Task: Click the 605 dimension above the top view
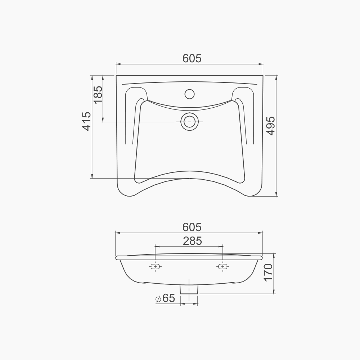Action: click(192, 58)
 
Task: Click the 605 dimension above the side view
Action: click(192, 227)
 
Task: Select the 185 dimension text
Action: click(98, 95)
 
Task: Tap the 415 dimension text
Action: click(86, 121)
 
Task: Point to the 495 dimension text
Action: click(271, 126)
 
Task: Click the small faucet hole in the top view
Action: click(189, 94)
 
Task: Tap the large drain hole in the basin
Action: click(189, 122)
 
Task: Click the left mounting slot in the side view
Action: click(156, 266)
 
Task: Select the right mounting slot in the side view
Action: click(222, 266)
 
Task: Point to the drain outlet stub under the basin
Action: click(189, 289)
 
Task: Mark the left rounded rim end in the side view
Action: click(117, 258)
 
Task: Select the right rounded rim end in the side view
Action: click(261, 258)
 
